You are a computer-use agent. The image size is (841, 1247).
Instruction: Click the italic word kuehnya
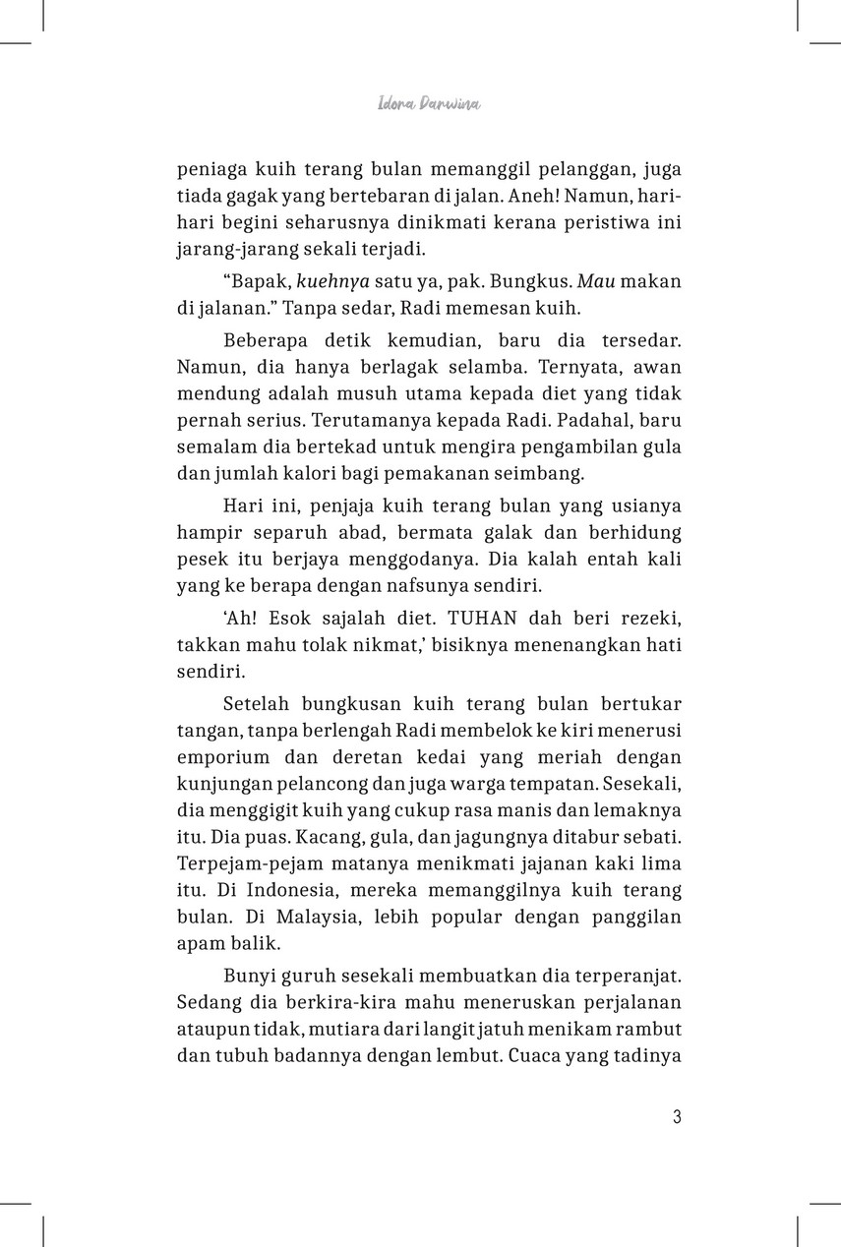[303, 281]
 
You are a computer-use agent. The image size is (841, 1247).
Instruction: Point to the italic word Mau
[589, 281]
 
